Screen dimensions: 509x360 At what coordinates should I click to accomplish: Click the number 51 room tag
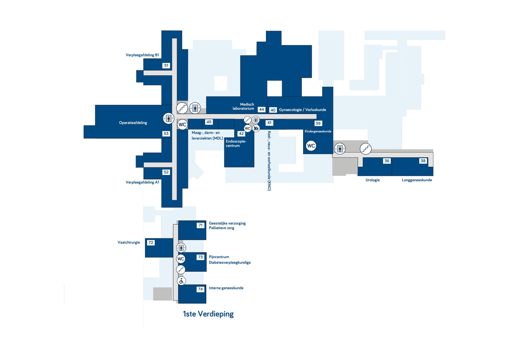click(x=166, y=65)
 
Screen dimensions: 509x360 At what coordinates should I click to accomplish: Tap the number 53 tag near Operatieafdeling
click(x=166, y=134)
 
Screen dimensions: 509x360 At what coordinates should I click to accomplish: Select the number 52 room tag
click(x=166, y=172)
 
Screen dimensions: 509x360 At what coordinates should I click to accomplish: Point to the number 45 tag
click(x=209, y=122)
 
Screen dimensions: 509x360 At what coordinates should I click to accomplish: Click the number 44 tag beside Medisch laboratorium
click(x=262, y=109)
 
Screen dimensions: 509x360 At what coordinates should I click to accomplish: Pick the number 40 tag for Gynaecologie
click(x=273, y=110)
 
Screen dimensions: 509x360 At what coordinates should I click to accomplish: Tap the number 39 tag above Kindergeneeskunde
click(x=318, y=123)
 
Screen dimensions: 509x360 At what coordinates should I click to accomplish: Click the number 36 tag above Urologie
click(x=387, y=161)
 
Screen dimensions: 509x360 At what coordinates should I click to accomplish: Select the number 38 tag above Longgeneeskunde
click(x=423, y=161)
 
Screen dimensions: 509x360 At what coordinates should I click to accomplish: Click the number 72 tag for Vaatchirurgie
click(x=151, y=243)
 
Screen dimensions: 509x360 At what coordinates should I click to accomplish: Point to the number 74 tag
click(x=201, y=289)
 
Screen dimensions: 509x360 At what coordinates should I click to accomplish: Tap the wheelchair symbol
click(x=181, y=281)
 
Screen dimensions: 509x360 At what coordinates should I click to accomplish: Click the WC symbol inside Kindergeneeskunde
click(x=311, y=146)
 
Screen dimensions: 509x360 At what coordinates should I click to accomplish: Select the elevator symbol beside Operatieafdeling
click(x=168, y=118)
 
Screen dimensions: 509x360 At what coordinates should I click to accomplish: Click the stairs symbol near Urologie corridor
click(x=366, y=149)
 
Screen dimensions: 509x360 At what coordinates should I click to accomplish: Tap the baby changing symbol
click(x=256, y=128)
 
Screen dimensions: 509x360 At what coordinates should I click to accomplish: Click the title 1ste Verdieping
click(x=208, y=314)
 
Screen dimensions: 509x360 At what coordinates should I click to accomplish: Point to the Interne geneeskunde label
click(x=226, y=288)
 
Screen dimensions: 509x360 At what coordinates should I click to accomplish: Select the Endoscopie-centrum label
click(x=236, y=144)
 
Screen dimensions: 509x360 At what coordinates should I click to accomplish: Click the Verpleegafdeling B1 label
click(x=142, y=55)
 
